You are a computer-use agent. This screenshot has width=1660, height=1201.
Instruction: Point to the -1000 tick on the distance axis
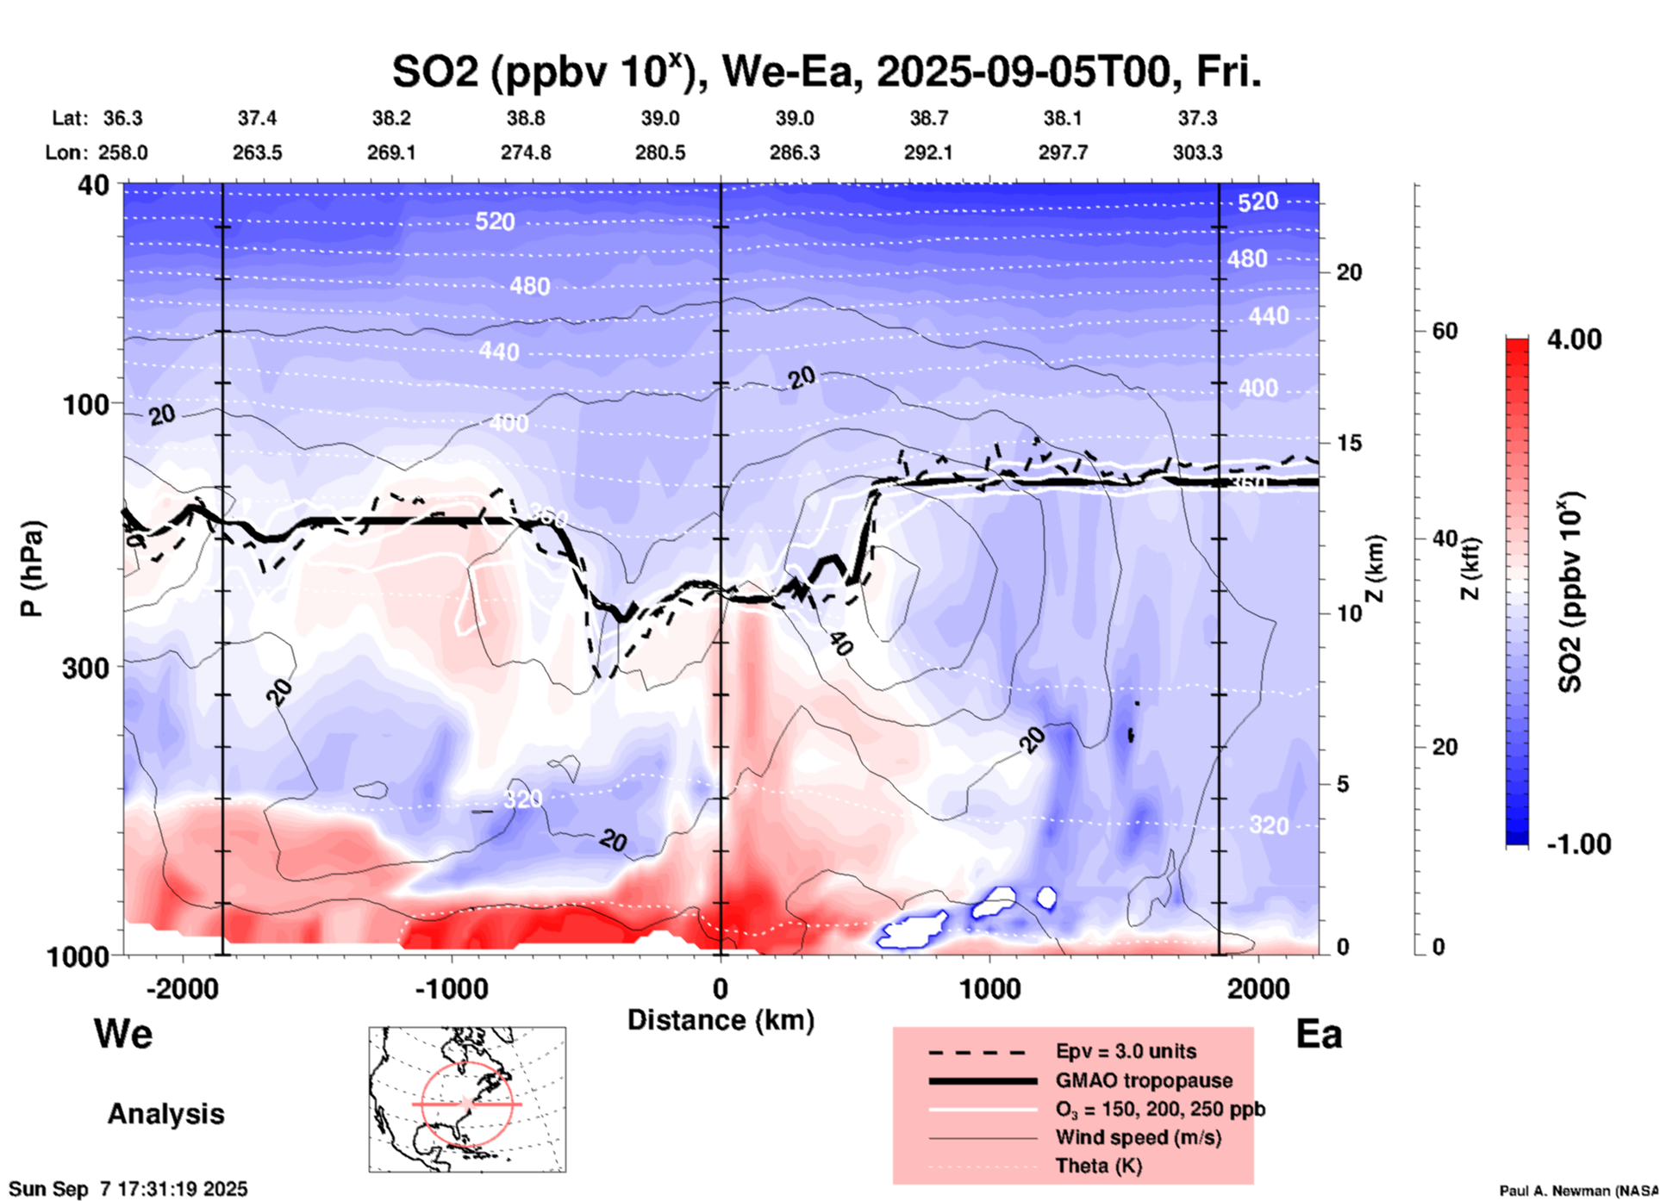452,988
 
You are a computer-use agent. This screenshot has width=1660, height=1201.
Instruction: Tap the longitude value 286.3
794,153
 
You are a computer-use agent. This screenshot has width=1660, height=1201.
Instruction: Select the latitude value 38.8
526,118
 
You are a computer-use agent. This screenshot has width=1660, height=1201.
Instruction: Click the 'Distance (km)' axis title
721,1020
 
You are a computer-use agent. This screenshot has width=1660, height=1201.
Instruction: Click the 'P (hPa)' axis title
32,569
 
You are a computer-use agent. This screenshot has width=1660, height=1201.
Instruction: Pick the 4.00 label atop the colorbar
1574,339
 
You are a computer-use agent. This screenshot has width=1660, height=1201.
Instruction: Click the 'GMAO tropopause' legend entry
1144,1080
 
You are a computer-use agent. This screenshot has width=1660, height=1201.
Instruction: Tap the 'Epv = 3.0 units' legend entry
1126,1052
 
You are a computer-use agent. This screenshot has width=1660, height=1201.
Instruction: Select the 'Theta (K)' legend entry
1098,1167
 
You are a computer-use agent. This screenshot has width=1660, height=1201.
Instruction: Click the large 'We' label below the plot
123,1033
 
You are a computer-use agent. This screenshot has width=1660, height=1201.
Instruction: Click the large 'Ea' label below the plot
1319,1035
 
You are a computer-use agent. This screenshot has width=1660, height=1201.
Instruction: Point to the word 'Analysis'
165,1114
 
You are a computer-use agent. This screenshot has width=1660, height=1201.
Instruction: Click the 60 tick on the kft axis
1445,332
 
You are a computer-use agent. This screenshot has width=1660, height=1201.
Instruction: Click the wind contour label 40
840,643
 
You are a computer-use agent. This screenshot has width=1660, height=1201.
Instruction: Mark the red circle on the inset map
466,1061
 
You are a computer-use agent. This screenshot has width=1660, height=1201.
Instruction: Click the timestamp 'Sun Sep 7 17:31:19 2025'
128,1189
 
